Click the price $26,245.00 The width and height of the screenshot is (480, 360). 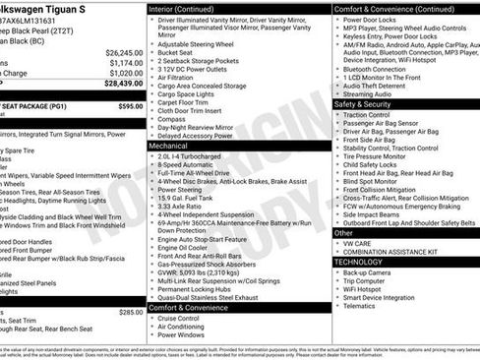[x=124, y=52]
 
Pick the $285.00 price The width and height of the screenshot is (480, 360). [x=130, y=312]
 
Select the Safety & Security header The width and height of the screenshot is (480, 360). [x=363, y=103]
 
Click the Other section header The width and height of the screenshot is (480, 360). [x=343, y=233]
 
